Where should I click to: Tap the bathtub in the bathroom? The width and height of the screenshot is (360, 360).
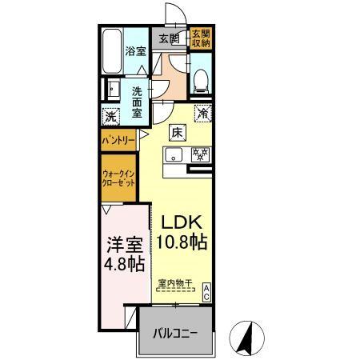pos(111,51)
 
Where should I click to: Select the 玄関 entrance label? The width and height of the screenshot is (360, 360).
pos(167,38)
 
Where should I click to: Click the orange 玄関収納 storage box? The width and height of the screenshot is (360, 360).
pos(200,39)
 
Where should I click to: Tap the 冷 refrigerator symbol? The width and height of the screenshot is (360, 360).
pos(203,114)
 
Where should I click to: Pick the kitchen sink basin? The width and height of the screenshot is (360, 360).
pos(174,154)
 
